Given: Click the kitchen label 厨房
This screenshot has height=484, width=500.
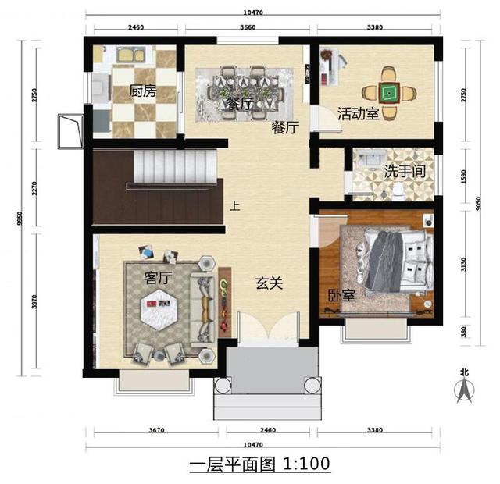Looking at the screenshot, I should click(143, 91).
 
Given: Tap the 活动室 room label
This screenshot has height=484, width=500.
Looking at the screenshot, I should click(359, 114).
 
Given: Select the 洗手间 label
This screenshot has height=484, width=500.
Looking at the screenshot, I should click(405, 171).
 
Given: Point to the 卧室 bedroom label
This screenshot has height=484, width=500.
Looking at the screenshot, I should click(341, 296).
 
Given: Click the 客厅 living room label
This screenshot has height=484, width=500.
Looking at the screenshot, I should click(159, 277).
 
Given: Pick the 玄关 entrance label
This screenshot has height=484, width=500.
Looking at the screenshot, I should click(269, 284).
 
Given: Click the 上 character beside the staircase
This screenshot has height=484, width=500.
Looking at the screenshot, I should click(234, 208).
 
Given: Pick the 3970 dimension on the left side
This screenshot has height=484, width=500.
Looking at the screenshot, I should click(34, 298).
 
